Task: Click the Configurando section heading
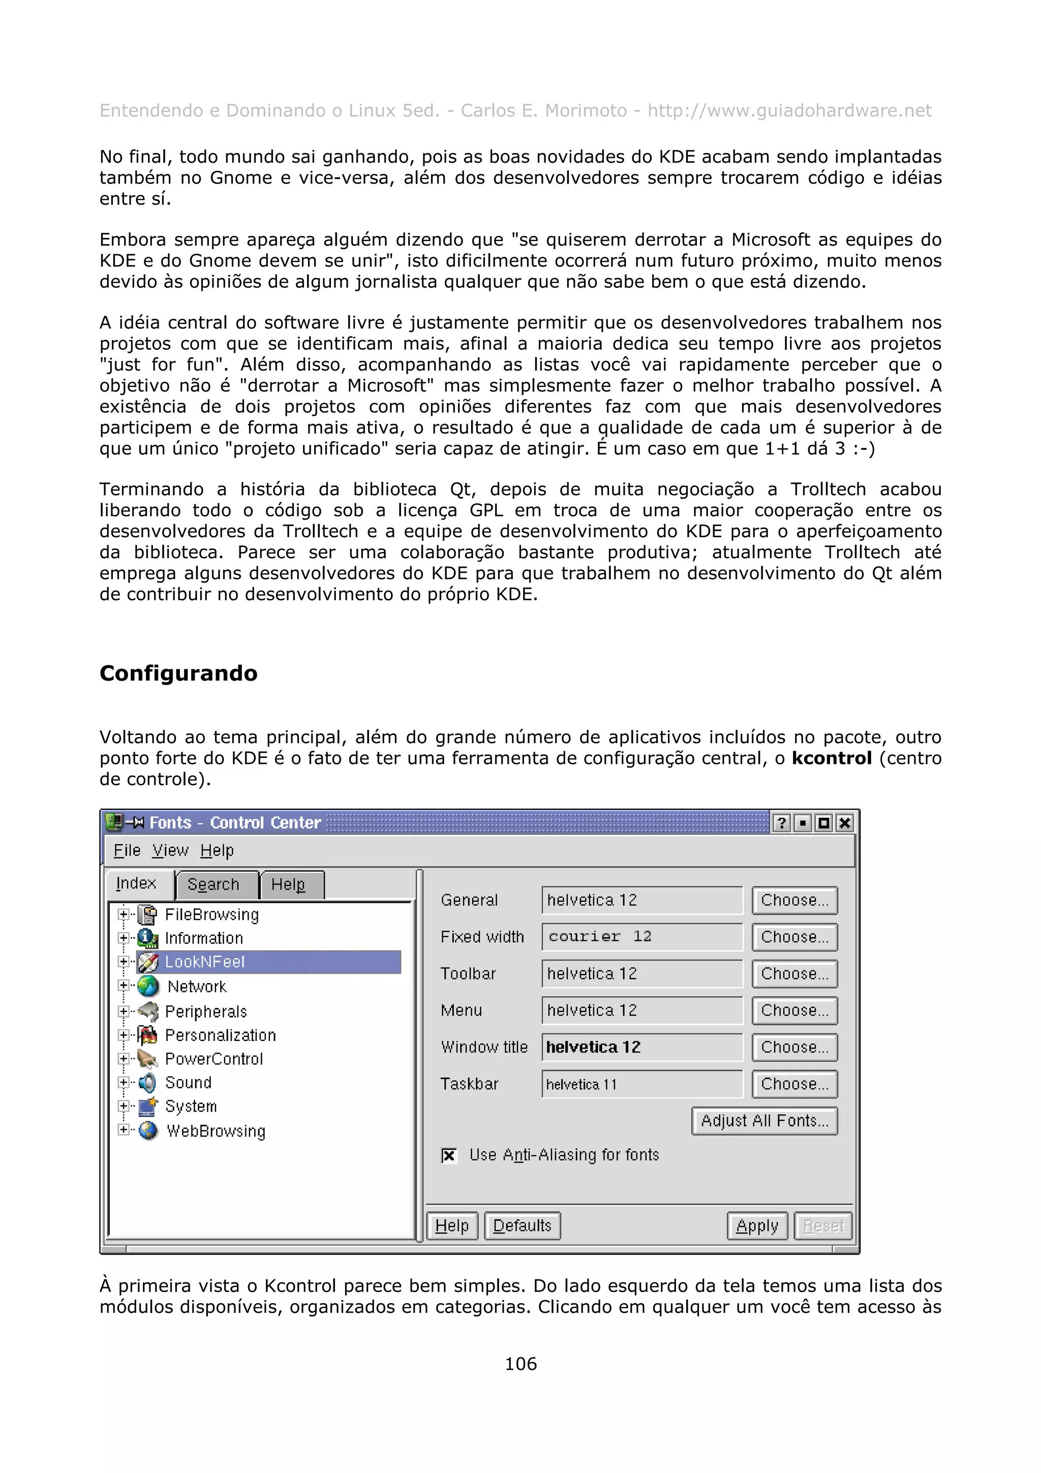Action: (178, 673)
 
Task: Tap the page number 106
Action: (520, 1364)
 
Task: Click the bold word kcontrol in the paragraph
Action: (831, 758)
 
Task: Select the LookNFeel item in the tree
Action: (205, 962)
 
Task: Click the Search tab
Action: (213, 885)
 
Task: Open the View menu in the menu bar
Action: (170, 851)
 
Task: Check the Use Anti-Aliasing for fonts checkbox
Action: (449, 1155)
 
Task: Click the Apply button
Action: (757, 1226)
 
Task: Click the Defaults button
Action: (522, 1226)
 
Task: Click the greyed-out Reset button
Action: (823, 1226)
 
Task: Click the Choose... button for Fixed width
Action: (794, 937)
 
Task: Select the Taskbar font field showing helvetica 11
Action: (641, 1084)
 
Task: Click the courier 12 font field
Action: (641, 937)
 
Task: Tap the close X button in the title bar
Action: (845, 823)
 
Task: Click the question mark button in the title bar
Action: (782, 823)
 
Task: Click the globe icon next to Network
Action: (148, 986)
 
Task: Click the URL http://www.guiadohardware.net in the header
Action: (789, 111)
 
